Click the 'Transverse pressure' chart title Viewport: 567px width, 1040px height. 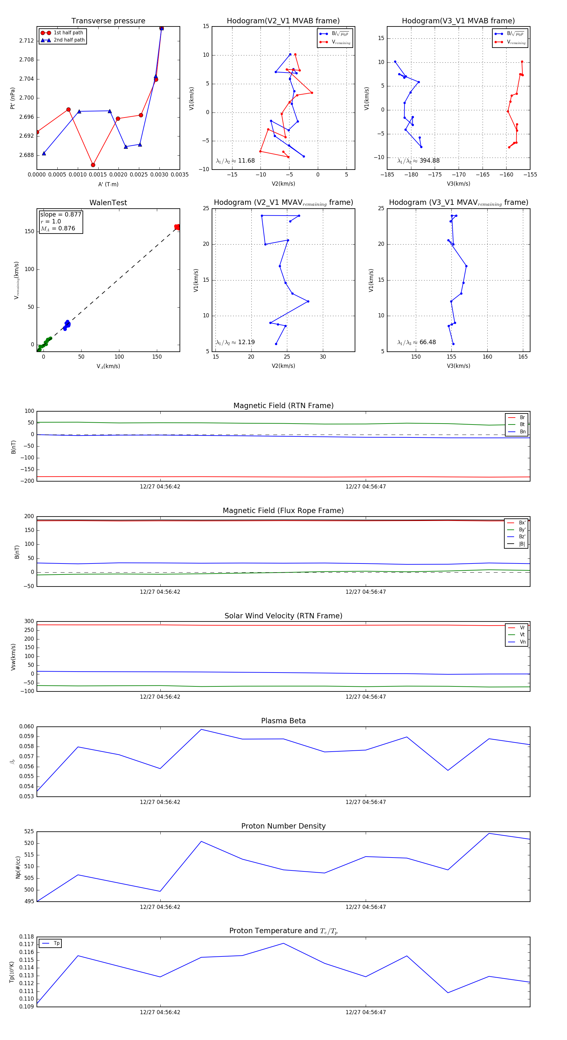coord(108,21)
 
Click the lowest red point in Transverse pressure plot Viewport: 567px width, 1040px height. coord(93,165)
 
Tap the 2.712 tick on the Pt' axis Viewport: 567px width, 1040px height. coord(27,41)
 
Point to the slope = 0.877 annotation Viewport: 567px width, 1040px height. coord(60,214)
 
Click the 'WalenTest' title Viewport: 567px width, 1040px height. coord(108,203)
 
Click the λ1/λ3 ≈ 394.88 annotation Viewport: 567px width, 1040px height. coord(419,161)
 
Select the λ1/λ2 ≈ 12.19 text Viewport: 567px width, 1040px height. coord(235,342)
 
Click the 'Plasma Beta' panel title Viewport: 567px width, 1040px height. coord(283,721)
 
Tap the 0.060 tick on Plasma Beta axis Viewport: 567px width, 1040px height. coord(27,727)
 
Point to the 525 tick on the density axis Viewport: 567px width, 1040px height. coord(29,832)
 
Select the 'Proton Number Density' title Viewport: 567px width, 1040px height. coord(283,826)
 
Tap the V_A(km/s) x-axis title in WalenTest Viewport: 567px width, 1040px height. coord(108,366)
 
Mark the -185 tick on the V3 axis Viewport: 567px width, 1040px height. coord(387,175)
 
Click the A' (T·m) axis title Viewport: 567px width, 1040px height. coord(108,184)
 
